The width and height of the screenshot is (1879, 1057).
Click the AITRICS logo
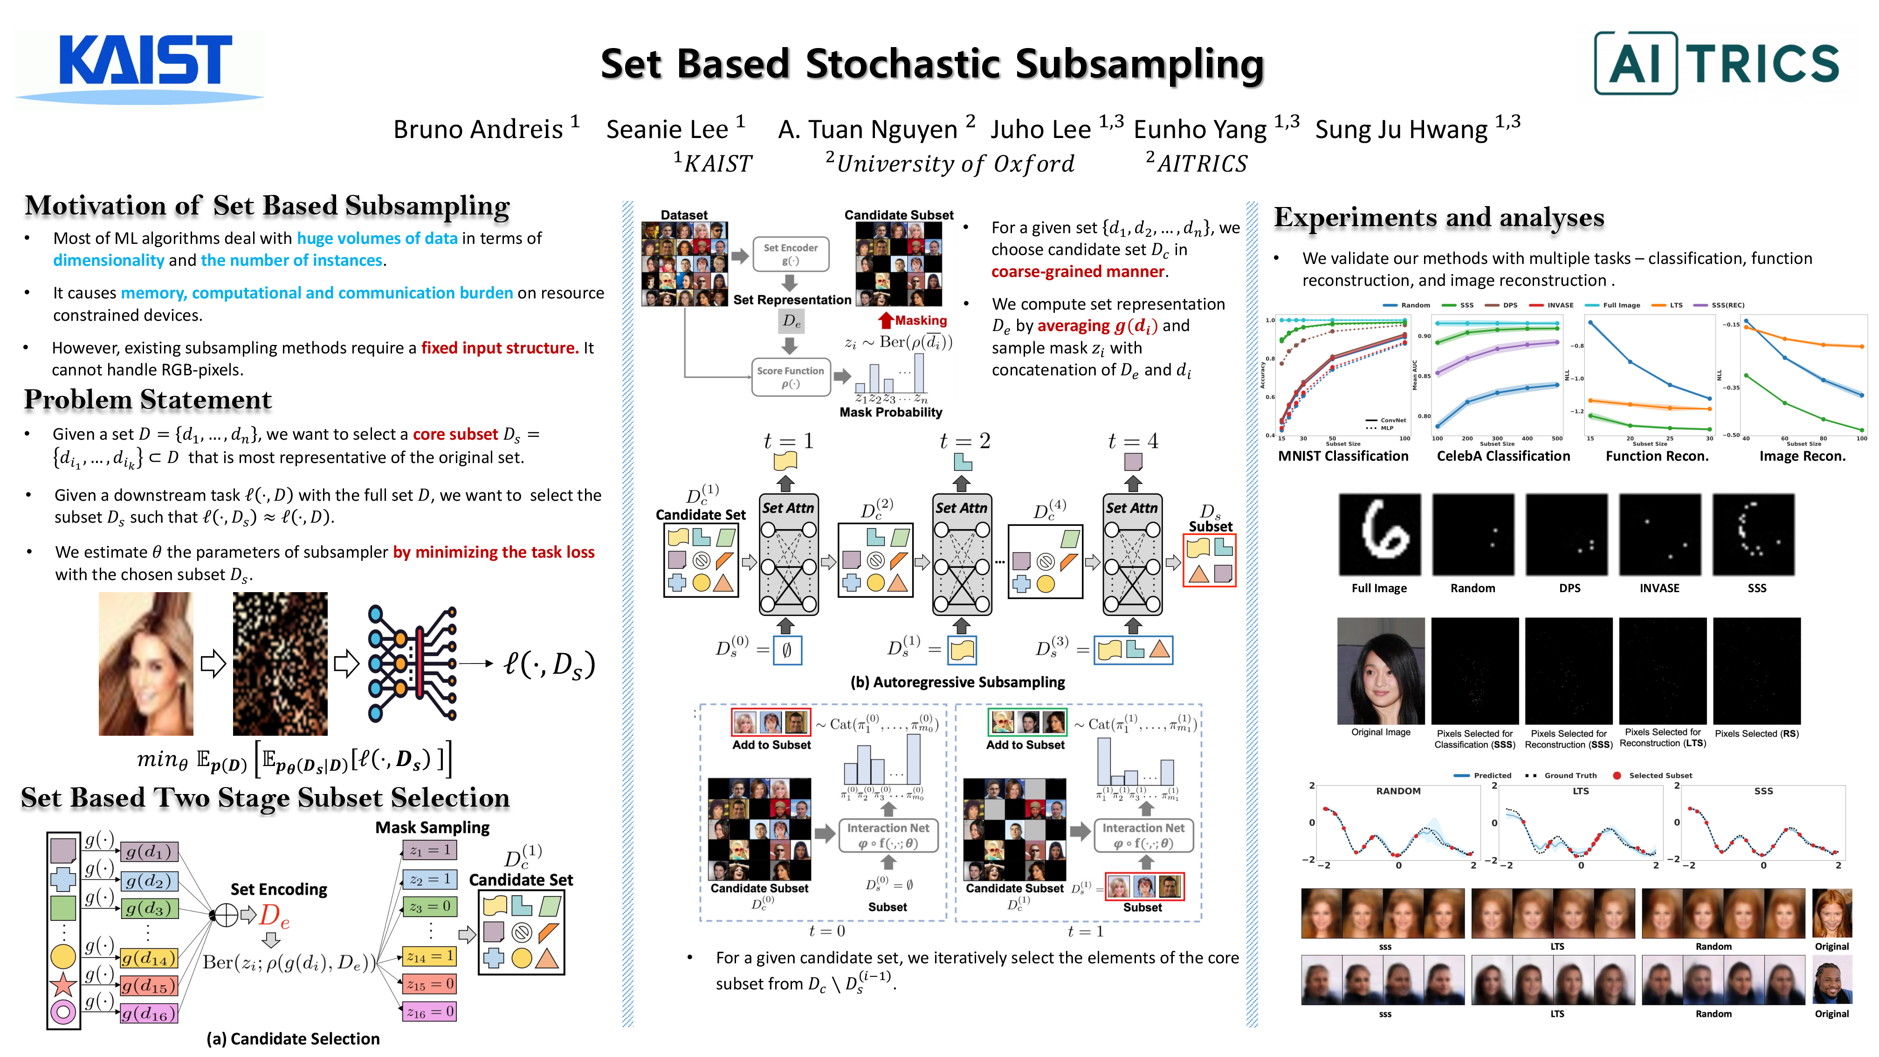[1716, 63]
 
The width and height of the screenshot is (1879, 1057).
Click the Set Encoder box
[790, 254]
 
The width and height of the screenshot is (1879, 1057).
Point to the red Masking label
[920, 320]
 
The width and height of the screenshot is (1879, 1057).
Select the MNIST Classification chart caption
[1343, 456]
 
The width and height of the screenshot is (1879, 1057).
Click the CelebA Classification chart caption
[1503, 456]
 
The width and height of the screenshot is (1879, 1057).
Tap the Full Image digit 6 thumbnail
[1379, 535]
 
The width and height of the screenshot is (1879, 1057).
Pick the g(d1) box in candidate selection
[149, 851]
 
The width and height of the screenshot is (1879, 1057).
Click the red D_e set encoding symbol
[274, 915]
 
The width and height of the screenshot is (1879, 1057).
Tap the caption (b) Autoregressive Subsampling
[957, 683]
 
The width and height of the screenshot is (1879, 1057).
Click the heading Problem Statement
[148, 400]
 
